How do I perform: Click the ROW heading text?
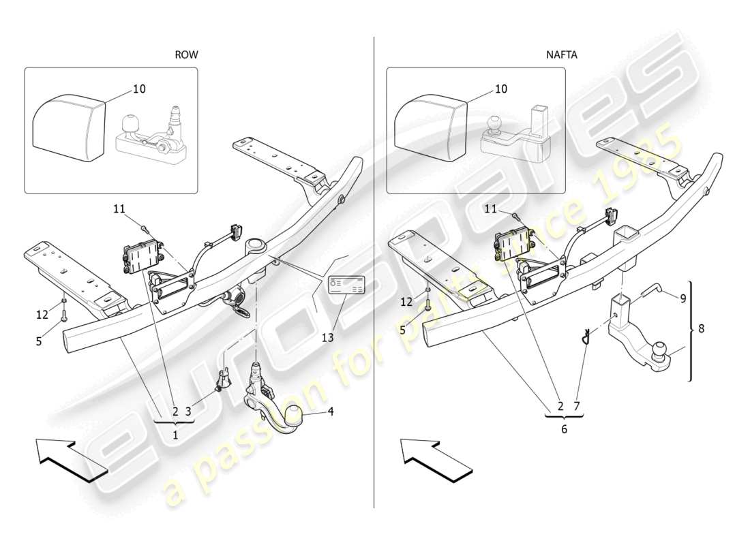click(186, 54)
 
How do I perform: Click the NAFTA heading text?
click(562, 54)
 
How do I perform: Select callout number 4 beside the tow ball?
click(331, 411)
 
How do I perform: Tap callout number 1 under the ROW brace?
click(175, 435)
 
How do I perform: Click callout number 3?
click(189, 411)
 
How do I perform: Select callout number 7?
click(576, 406)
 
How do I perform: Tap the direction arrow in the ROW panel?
click(71, 461)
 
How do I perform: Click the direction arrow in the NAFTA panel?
click(435, 461)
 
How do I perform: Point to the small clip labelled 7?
click(584, 337)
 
